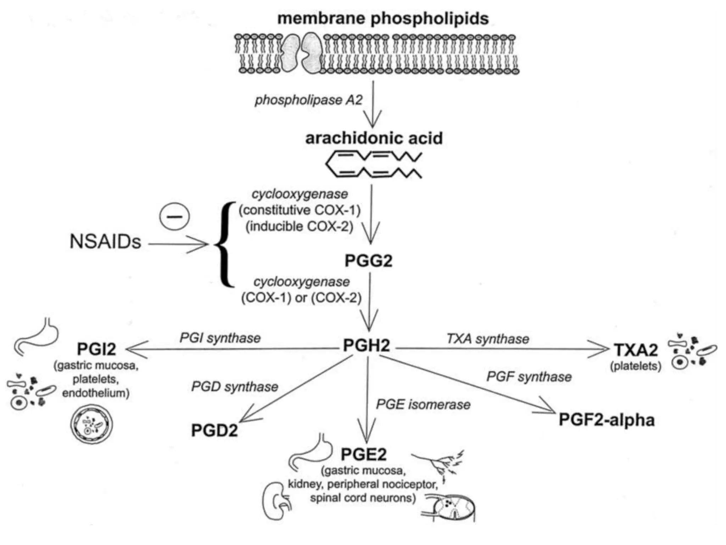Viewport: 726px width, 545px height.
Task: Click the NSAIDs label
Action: (105, 242)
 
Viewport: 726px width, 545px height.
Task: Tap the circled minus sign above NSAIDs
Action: (174, 216)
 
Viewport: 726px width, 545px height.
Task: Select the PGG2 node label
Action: (368, 261)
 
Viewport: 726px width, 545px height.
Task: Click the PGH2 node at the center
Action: (367, 345)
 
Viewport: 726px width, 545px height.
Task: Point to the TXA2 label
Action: (636, 350)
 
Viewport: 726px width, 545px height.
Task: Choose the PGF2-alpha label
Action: (607, 420)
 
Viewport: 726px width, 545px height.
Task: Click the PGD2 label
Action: (214, 430)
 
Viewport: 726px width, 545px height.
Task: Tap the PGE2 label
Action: (363, 454)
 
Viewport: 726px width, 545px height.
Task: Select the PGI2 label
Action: (96, 349)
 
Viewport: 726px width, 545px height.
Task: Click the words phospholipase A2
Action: (308, 100)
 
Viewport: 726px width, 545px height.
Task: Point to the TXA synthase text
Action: (488, 339)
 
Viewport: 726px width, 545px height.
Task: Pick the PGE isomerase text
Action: (423, 404)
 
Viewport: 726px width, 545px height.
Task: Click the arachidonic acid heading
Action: (374, 138)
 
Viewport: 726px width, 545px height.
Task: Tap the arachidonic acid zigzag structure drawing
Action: (373, 164)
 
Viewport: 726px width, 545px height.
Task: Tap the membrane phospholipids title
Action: (383, 18)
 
